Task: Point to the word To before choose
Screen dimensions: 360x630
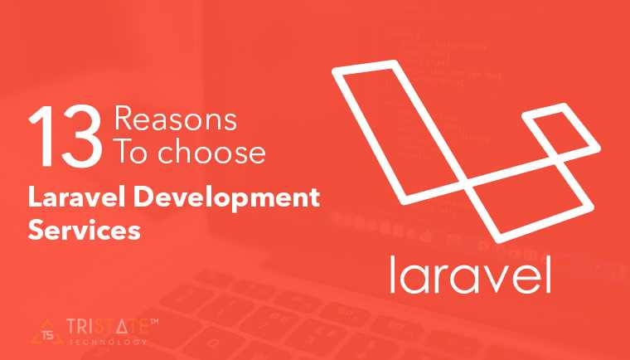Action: click(129, 154)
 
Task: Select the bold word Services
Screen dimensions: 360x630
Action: click(81, 230)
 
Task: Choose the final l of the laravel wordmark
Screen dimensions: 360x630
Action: click(545, 270)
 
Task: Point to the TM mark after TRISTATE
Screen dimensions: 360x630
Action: click(153, 319)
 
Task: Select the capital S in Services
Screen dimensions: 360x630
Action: click(36, 230)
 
